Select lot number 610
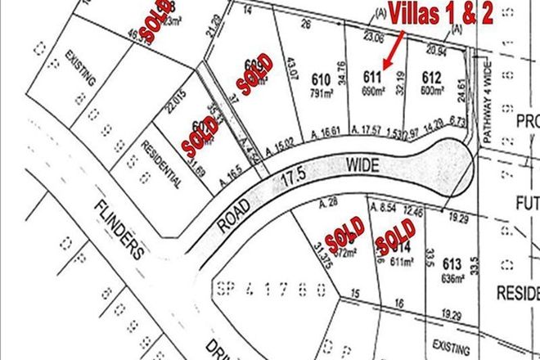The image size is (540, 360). click(321, 79)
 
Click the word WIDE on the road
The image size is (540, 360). click(363, 166)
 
